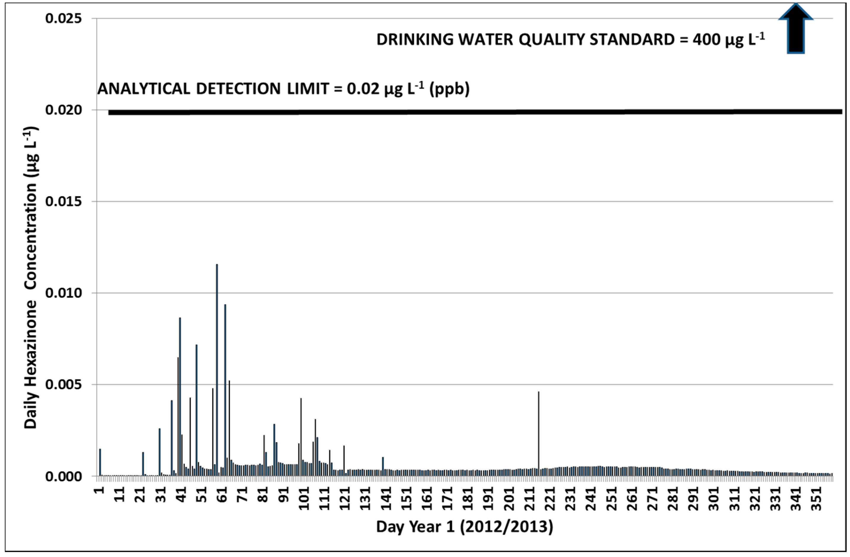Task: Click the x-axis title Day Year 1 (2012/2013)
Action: (x=464, y=527)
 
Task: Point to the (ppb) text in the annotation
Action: (x=449, y=88)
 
